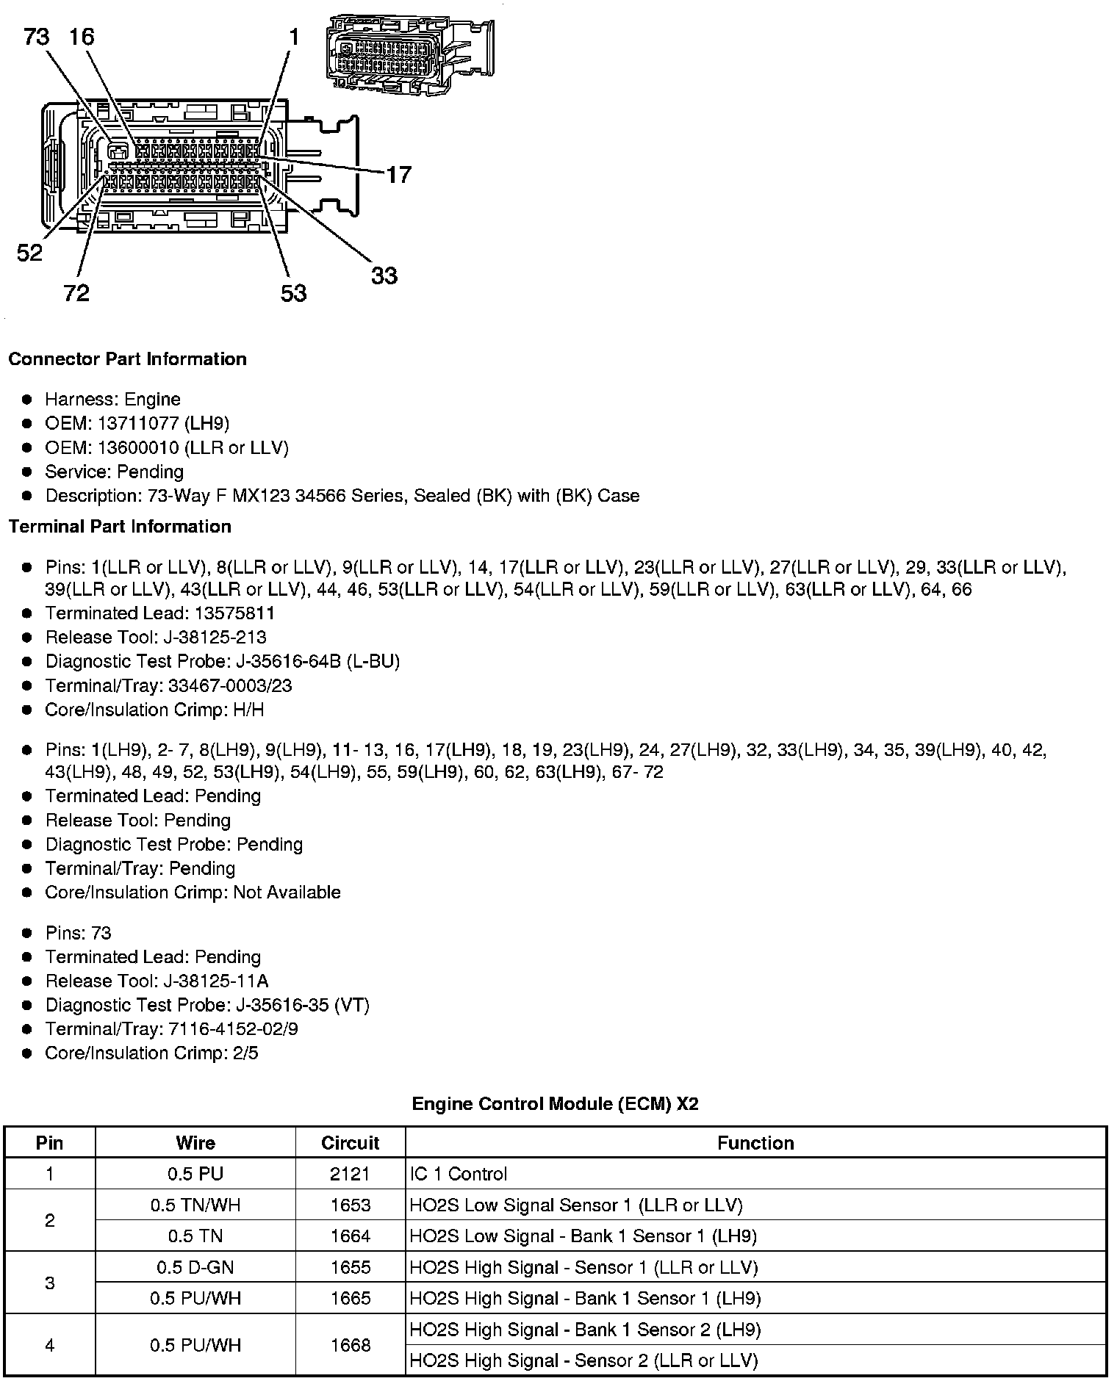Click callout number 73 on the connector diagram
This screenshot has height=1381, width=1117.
click(36, 36)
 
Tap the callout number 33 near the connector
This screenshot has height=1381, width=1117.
click(384, 276)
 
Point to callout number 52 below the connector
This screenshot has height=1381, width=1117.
click(30, 253)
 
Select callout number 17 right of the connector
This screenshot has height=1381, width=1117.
click(398, 175)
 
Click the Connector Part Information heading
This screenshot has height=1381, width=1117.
click(127, 359)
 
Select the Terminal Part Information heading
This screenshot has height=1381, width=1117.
click(120, 527)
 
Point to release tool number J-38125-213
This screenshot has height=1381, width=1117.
click(215, 637)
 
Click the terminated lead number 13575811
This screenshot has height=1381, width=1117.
click(224, 613)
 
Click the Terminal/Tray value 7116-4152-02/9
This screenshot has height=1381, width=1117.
click(233, 1029)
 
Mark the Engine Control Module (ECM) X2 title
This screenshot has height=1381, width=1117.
click(555, 1104)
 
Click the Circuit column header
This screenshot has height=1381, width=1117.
click(350, 1143)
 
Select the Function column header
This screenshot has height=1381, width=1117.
click(755, 1143)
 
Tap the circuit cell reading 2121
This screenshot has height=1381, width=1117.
click(350, 1174)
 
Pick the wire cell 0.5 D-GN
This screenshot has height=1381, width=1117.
click(195, 1267)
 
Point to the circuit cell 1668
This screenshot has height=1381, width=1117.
click(350, 1345)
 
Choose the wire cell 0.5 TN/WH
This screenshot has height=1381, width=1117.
click(195, 1205)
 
